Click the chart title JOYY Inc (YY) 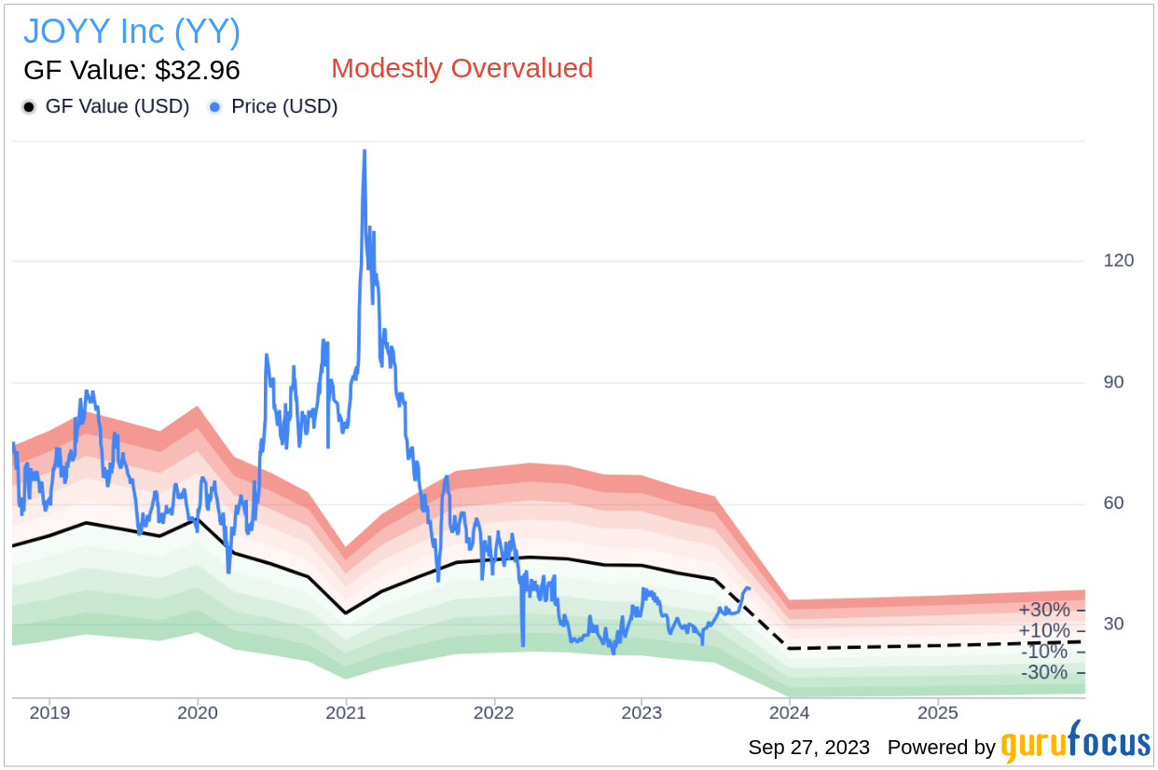[131, 32]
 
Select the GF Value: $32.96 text [131, 70]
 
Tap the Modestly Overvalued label [462, 68]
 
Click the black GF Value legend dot [30, 107]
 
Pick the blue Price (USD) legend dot [215, 107]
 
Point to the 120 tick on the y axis [1118, 260]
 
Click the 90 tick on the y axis [1112, 382]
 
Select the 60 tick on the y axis [1112, 503]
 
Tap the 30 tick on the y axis [1112, 625]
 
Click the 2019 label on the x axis [49, 714]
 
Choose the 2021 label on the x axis [346, 714]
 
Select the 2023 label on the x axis [641, 714]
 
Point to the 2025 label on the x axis [937, 714]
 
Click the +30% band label [1043, 610]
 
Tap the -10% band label [1043, 652]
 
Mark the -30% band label [1043, 672]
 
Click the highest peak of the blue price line [364, 150]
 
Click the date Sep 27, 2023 [808, 748]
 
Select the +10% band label [1043, 631]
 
